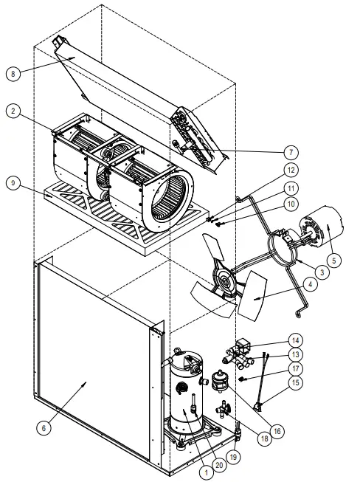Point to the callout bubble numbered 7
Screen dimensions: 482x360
click(x=292, y=152)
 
